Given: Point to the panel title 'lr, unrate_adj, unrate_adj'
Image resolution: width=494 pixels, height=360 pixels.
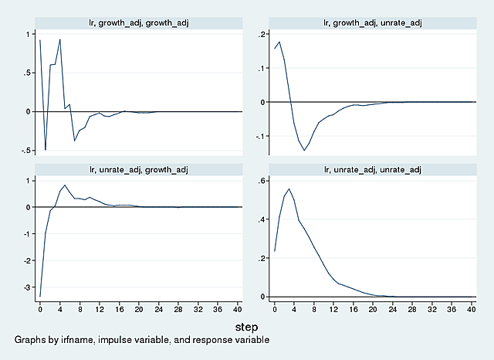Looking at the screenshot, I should tap(371, 168).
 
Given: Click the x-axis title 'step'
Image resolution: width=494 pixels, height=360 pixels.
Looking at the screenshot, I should tap(246, 328).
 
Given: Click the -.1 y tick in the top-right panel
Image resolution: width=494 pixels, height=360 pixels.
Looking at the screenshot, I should tap(259, 136).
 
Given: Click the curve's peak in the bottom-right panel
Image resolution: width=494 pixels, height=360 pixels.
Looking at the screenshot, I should tap(289, 188).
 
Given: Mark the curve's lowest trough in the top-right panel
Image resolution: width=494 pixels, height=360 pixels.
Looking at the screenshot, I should tap(304, 150).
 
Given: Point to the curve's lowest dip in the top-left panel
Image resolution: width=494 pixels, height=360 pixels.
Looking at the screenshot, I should tap(45, 150).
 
